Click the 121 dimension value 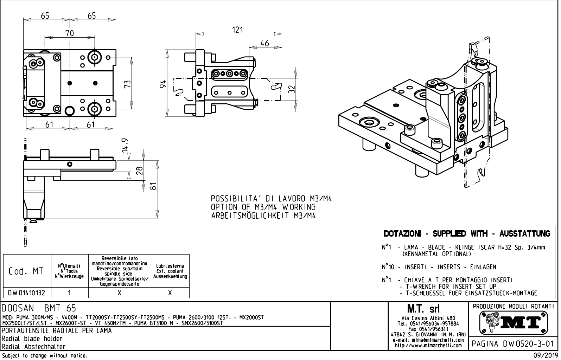238,30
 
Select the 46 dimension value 264,43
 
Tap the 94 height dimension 162,85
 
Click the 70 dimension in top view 70,33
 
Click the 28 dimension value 139,170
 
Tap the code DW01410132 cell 27,292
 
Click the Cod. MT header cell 27,271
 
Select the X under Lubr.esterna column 170,292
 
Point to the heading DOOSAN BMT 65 39,308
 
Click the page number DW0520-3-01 513,343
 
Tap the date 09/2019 545,356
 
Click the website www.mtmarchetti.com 428,345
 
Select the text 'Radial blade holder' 32,339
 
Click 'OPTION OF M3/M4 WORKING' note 263,207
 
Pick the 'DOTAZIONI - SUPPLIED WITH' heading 467,234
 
